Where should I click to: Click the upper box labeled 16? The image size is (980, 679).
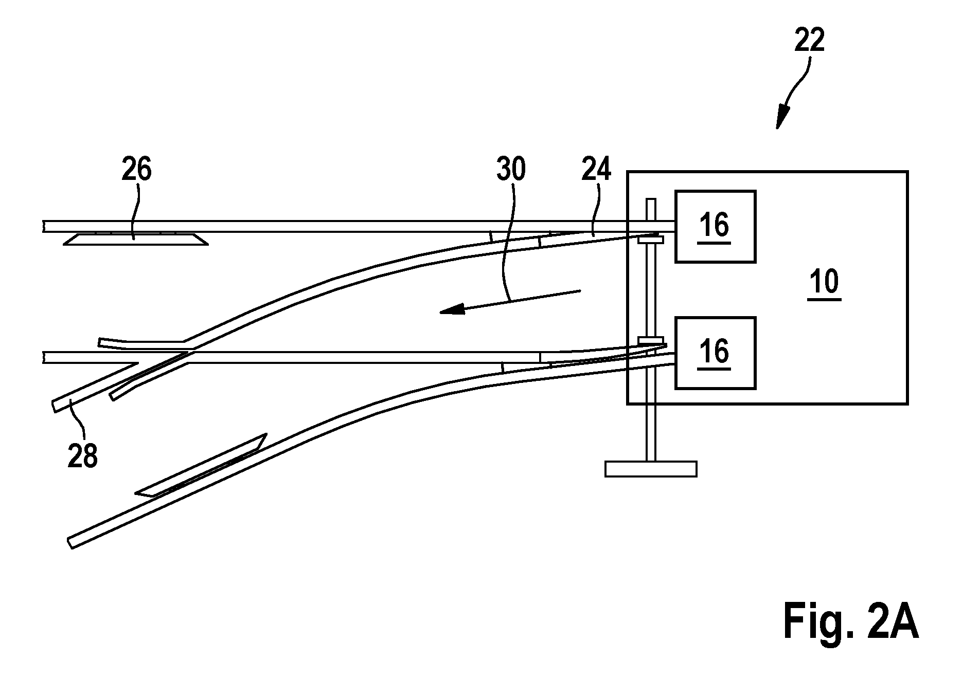715,227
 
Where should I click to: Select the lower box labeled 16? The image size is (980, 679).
715,353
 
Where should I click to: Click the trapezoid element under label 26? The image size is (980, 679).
136,239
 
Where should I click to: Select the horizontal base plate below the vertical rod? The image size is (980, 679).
651,469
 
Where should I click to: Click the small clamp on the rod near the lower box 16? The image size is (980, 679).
650,340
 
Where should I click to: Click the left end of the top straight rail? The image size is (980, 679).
45,227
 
